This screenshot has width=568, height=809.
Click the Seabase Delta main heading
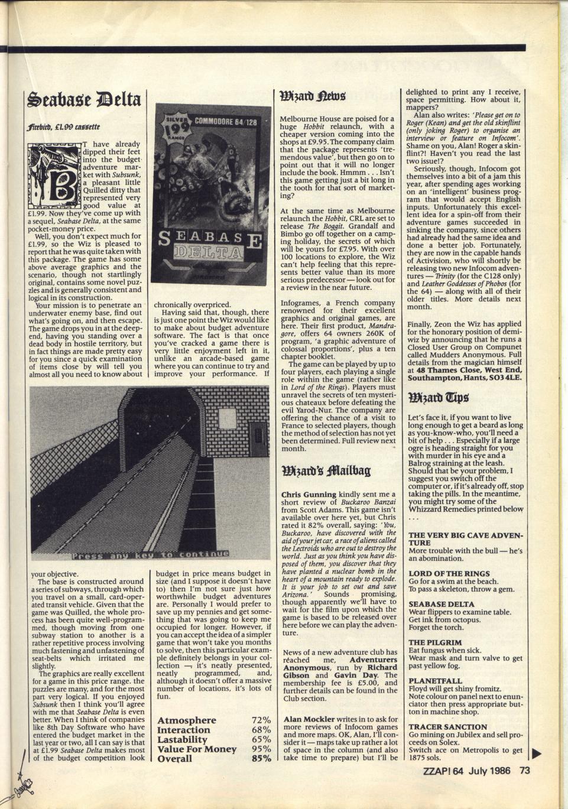point(83,99)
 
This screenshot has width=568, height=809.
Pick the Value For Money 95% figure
point(258,749)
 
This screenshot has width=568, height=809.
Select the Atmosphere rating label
point(187,720)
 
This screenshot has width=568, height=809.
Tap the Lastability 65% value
point(258,739)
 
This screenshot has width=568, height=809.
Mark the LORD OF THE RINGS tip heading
point(449,573)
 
